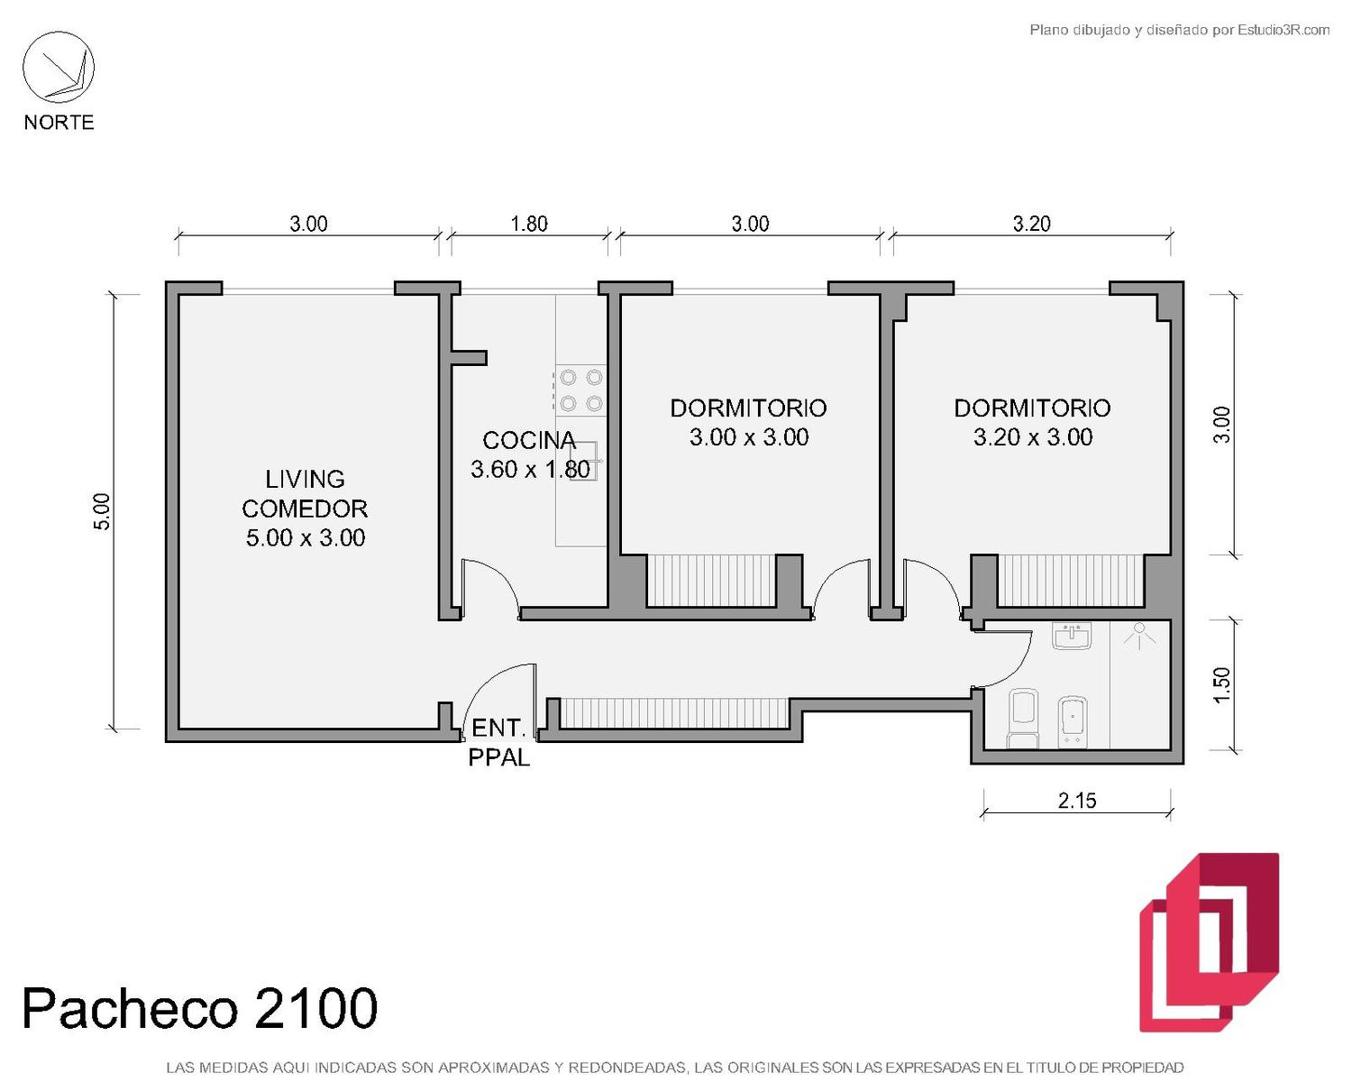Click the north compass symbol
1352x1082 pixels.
tap(59, 68)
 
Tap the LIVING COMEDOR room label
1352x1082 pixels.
tap(305, 508)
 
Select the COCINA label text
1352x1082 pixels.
tap(529, 440)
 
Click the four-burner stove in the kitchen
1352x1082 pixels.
tap(581, 390)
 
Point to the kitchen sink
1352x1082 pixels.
tap(584, 461)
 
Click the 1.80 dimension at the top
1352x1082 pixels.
tap(529, 224)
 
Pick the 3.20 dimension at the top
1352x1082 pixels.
tap(1032, 224)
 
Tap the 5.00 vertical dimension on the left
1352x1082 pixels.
tap(102, 512)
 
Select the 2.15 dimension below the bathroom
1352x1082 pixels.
tap(1077, 801)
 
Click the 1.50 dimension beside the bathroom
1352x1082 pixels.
tap(1222, 684)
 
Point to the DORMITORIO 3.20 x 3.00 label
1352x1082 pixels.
tap(1032, 423)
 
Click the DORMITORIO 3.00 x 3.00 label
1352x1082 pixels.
tap(748, 423)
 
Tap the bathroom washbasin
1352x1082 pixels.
tap(1072, 636)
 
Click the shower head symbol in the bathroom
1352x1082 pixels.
tap(1139, 636)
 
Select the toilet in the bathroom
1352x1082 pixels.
tap(1023, 719)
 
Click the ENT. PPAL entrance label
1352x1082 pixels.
tap(498, 742)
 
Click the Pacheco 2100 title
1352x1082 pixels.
tap(200, 1008)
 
